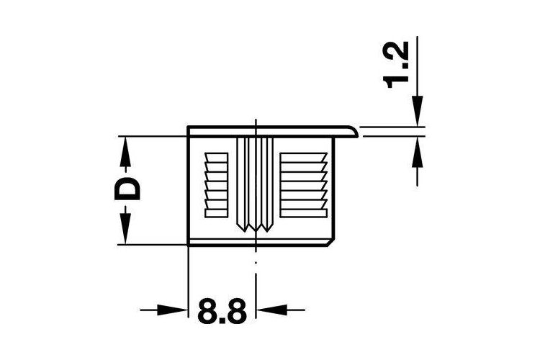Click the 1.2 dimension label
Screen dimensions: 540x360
(396, 65)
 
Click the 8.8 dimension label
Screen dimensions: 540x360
(222, 311)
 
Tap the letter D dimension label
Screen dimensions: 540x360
(127, 189)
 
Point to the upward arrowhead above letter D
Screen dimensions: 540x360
(125, 152)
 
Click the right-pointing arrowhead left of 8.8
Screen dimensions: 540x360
(172, 310)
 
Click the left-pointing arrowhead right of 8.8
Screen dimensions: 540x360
(271, 310)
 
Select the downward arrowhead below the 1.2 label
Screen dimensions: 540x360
(418, 111)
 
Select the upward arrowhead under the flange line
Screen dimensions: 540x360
(418, 153)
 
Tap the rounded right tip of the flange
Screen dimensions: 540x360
(357, 132)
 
